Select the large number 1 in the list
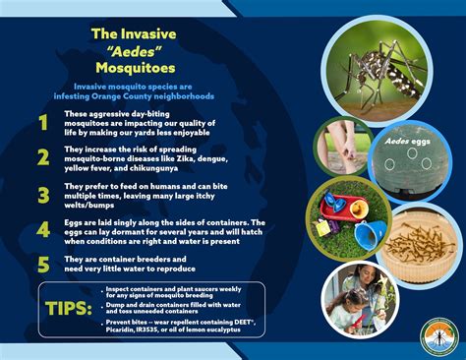point(42,123)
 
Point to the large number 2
point(42,158)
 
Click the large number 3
point(42,195)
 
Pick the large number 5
point(42,263)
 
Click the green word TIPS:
point(69,308)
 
